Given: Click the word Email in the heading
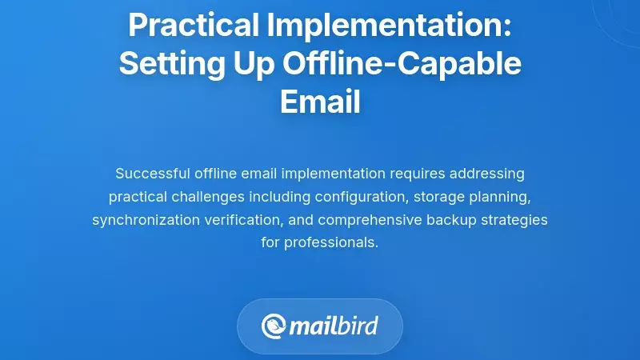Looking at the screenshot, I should coord(320,101).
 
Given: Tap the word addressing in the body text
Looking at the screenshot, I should coord(488,173).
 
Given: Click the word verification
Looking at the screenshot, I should coord(250,219).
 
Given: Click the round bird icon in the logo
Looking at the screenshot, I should coord(274,326).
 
